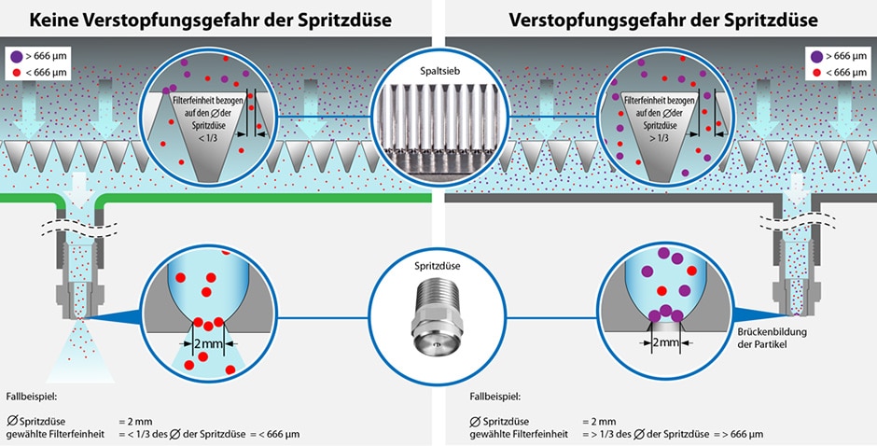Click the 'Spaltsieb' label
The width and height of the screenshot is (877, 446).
(439, 72)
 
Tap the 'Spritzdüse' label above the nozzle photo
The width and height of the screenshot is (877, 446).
(438, 266)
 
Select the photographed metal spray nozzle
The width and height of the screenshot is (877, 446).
(437, 316)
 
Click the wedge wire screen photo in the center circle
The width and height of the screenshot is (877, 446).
(439, 125)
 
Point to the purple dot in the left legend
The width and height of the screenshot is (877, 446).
(17, 56)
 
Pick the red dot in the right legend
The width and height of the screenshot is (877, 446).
(817, 72)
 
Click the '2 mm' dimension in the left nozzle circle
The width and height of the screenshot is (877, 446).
(207, 343)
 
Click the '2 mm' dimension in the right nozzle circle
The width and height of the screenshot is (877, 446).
(665, 342)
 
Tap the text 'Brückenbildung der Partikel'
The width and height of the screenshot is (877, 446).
(772, 338)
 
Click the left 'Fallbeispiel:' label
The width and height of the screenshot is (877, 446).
(32, 397)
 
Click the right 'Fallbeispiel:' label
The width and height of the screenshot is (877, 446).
(495, 397)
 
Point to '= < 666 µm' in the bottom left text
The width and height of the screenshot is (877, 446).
(274, 434)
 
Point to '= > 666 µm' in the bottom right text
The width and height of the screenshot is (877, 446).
(738, 434)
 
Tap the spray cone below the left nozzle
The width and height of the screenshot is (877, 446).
(80, 353)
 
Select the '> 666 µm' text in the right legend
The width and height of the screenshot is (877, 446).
(846, 56)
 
